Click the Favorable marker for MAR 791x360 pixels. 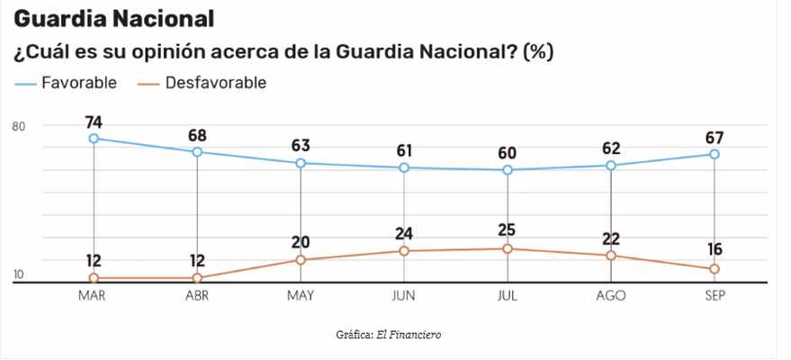94,139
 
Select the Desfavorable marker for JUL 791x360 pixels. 508,248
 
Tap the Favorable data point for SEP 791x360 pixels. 715,154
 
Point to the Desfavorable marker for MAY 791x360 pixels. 301,260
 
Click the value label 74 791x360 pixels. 94,121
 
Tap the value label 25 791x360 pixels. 508,230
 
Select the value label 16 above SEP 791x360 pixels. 715,250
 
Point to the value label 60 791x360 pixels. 508,152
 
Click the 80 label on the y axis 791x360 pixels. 18,126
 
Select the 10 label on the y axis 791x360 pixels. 18,275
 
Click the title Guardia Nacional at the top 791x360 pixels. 113,18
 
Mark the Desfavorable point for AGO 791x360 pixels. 611,256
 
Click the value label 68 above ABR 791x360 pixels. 197,135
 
